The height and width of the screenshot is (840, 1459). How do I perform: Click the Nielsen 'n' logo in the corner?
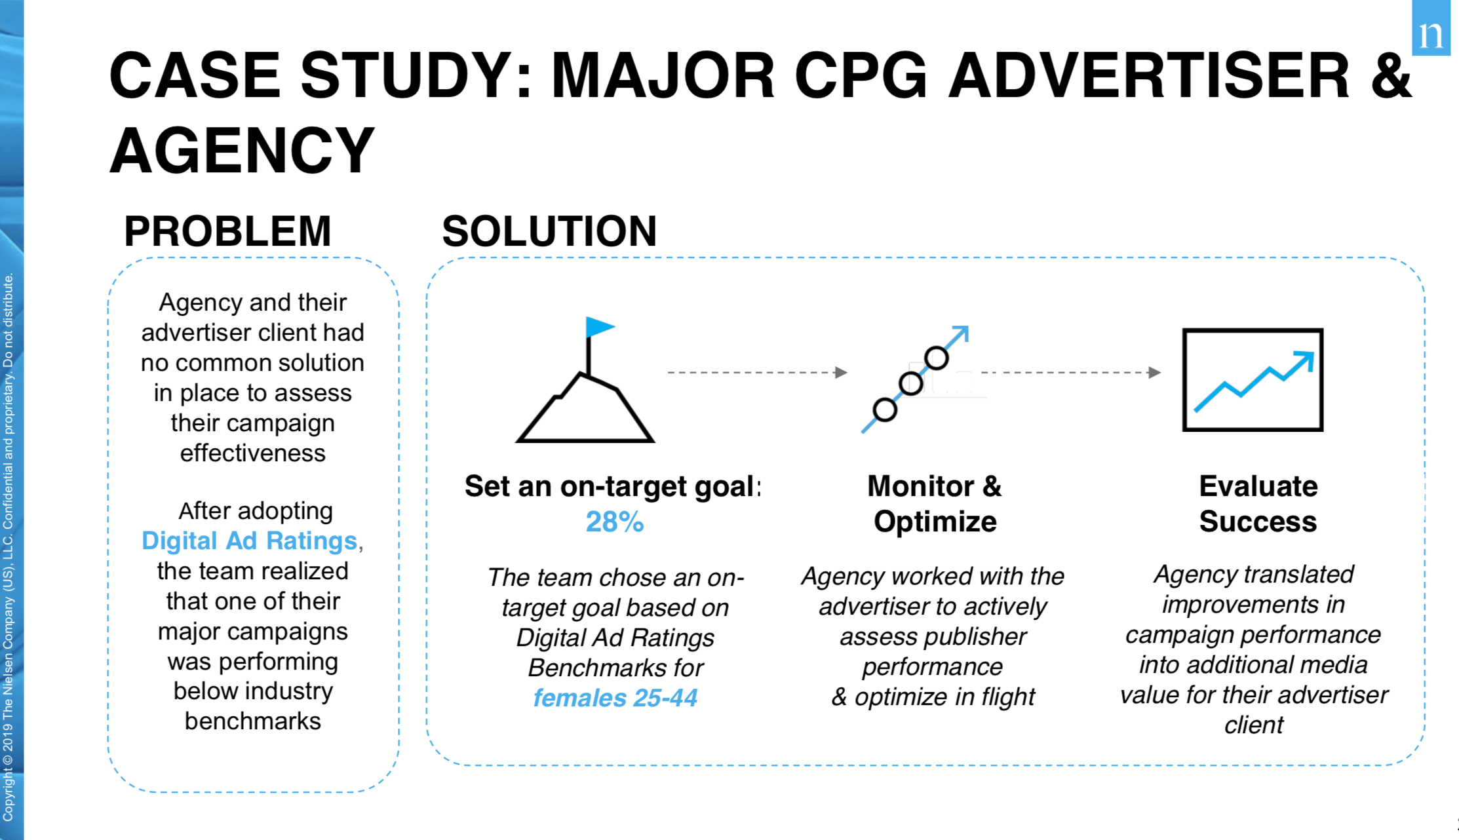[1431, 28]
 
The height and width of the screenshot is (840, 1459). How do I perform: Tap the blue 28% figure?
[614, 522]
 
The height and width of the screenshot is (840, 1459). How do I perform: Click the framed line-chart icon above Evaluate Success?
[1253, 380]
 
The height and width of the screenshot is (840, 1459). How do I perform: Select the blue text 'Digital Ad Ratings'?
[249, 541]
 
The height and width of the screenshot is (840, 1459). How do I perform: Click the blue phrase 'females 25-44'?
[615, 698]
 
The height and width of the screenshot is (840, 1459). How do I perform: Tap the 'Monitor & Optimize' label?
[935, 504]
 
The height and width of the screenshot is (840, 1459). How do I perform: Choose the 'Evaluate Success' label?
[1258, 504]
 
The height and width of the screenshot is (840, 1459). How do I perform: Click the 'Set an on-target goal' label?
[609, 487]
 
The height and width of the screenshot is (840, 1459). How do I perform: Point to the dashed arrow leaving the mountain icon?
[758, 372]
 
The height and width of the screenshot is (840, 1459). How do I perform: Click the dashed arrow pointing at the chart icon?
[1071, 372]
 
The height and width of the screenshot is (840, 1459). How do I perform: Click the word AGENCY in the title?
[242, 150]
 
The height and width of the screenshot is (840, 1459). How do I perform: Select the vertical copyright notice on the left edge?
[8, 547]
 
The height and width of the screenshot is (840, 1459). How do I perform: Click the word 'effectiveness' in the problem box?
[253, 453]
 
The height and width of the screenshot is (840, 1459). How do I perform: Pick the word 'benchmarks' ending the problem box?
[253, 721]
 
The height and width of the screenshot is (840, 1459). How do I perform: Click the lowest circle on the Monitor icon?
[885, 410]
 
